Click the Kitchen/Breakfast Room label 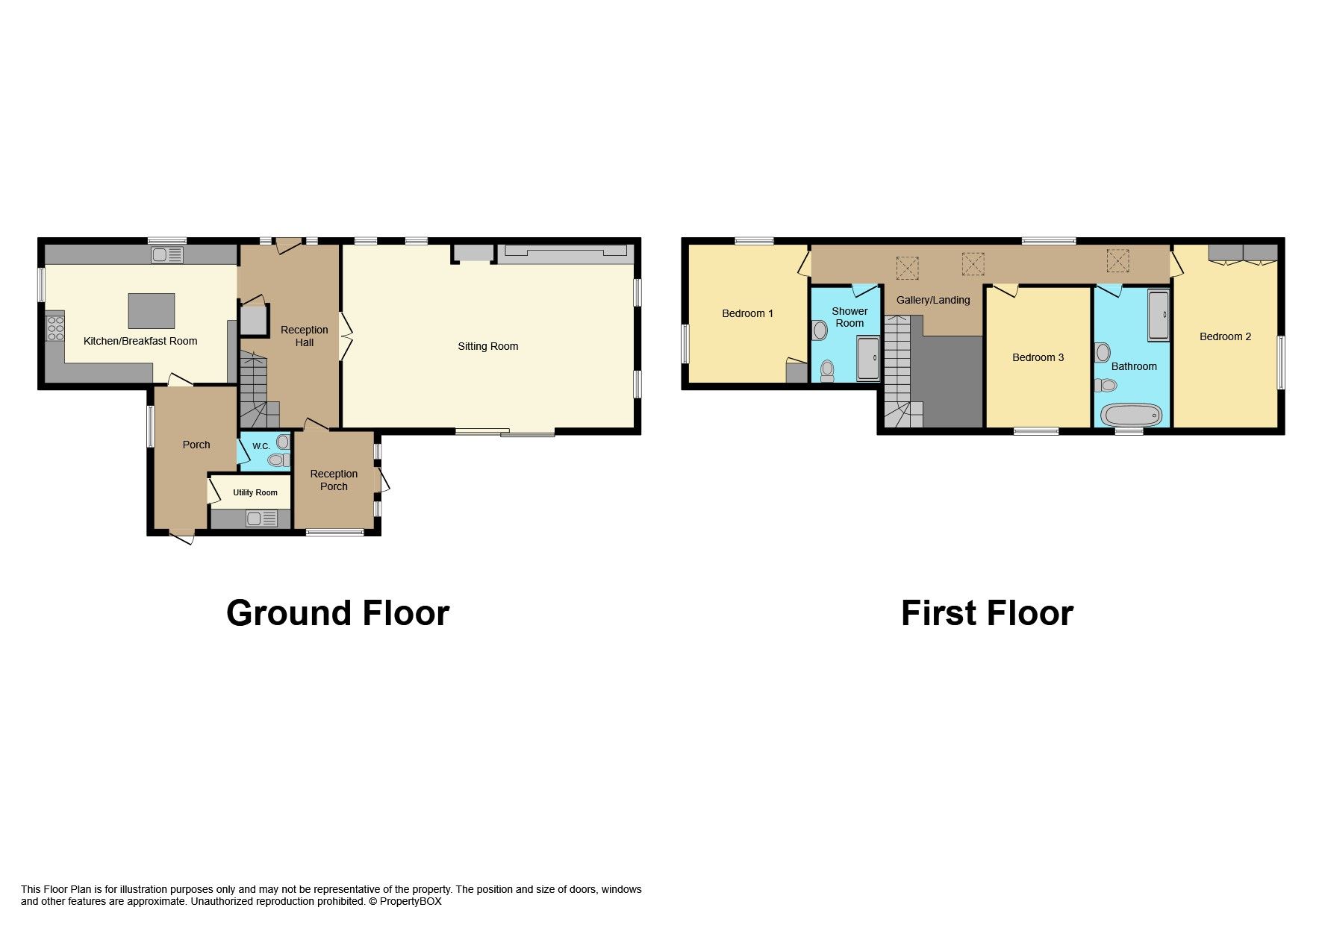click(140, 341)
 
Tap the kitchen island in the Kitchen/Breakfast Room click(152, 310)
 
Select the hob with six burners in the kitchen click(56, 328)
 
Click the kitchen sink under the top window click(167, 255)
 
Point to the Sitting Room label click(487, 346)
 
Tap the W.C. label click(261, 446)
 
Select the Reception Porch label click(334, 480)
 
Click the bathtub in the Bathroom click(1132, 415)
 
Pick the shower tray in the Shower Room click(868, 359)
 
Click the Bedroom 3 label click(1038, 357)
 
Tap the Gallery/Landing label click(933, 300)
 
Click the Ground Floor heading click(337, 613)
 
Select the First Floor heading click(986, 613)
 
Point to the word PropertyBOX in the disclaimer click(411, 901)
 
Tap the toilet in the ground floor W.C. click(278, 460)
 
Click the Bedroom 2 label click(1225, 336)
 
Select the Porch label click(196, 445)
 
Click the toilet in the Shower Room click(827, 370)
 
